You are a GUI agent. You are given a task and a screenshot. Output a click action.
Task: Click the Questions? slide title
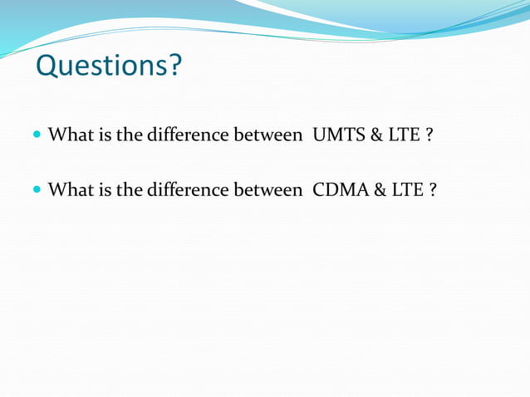point(107,66)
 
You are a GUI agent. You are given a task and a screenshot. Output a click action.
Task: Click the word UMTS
point(336,135)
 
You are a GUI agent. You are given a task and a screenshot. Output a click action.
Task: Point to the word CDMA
point(340,190)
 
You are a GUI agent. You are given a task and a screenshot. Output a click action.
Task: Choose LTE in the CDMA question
point(407,190)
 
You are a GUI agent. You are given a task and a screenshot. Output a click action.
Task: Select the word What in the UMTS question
point(69,135)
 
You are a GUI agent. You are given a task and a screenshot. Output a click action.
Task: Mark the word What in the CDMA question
point(69,190)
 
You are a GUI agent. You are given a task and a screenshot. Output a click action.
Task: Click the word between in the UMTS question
point(267,135)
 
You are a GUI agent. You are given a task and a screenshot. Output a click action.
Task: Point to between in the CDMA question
point(267,190)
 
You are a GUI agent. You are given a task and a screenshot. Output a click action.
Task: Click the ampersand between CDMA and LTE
point(380,190)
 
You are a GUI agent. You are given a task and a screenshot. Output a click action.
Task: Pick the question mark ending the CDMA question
point(433,190)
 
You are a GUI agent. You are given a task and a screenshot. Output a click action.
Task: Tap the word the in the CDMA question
point(129,190)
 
